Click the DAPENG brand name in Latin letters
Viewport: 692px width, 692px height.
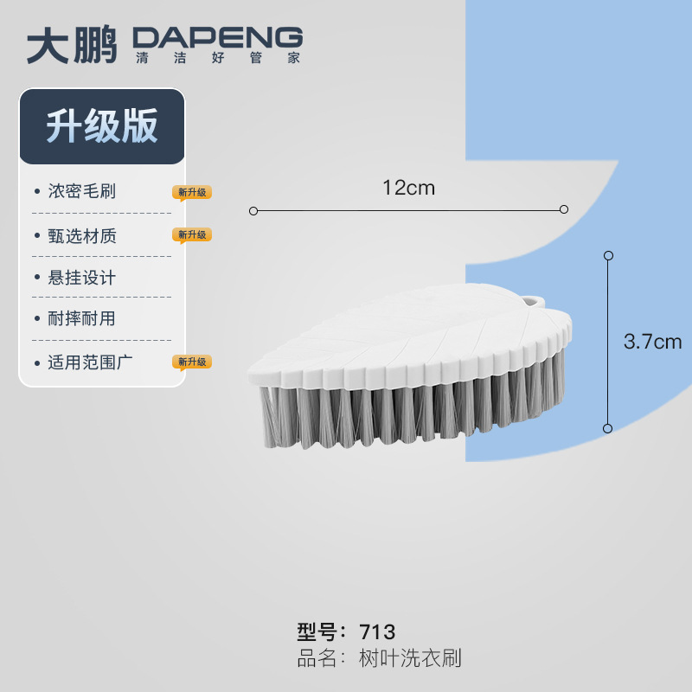[217, 38]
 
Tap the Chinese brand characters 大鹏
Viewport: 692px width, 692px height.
[71, 45]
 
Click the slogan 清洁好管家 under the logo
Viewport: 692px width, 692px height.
[217, 59]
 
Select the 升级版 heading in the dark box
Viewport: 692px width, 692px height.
[102, 126]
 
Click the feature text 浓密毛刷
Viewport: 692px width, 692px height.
[82, 191]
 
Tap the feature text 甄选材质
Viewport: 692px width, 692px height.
[82, 235]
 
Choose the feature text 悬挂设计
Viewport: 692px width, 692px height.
[82, 278]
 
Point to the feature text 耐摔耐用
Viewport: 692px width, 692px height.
[82, 318]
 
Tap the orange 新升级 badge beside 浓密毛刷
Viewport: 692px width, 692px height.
[192, 192]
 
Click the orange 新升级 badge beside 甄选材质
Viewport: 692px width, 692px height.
[192, 234]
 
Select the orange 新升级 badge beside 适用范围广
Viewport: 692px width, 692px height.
[192, 362]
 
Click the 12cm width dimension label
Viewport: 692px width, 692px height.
[408, 188]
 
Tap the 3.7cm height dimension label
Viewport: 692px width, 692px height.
[652, 342]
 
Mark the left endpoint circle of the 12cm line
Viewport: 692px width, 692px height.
[253, 210]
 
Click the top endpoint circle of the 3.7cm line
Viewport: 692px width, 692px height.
[608, 256]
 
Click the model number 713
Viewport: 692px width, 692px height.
[377, 631]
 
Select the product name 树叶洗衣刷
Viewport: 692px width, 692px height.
[410, 658]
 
